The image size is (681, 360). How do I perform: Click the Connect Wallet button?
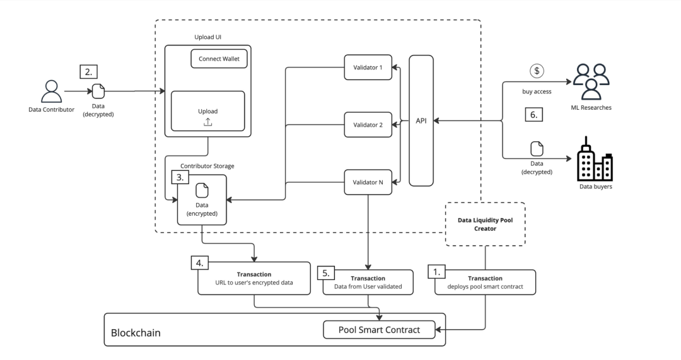[219, 59]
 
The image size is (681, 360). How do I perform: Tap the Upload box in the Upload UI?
[207, 111]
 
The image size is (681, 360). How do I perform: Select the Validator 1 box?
[368, 67]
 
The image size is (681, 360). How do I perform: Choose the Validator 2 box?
[368, 125]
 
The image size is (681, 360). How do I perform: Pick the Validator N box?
[368, 182]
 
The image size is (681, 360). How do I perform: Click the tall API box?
[421, 120]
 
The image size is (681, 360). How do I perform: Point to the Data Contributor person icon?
[51, 91]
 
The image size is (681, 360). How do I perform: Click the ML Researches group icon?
[591, 81]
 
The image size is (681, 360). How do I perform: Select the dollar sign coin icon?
[537, 71]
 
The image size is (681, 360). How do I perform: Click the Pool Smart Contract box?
[379, 330]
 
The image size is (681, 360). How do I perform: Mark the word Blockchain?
[136, 333]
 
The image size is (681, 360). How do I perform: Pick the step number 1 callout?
[437, 272]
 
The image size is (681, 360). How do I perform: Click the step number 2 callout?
[89, 72]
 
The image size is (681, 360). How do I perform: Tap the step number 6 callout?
[534, 115]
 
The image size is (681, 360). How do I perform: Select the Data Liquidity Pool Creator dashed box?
[485, 224]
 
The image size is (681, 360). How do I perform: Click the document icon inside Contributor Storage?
[202, 190]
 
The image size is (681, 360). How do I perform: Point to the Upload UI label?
[207, 37]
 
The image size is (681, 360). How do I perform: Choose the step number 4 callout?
[200, 263]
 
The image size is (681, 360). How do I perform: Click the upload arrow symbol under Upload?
[207, 122]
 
